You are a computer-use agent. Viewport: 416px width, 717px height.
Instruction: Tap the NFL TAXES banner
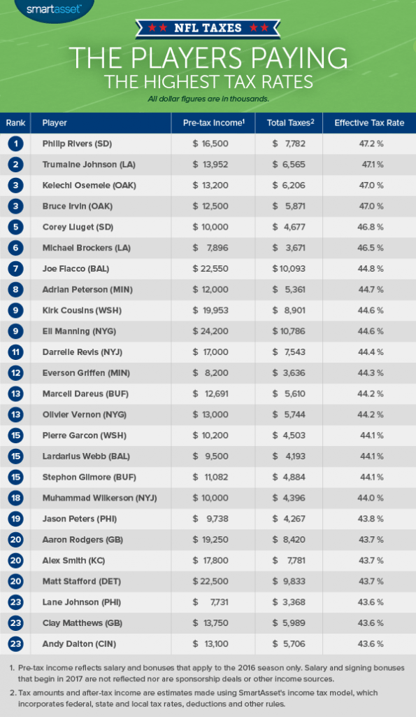(x=208, y=29)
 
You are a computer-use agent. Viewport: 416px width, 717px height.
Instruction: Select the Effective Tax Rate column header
(x=369, y=123)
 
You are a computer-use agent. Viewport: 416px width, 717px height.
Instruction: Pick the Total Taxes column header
(x=290, y=123)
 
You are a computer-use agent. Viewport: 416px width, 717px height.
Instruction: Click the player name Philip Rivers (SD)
(x=77, y=144)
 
